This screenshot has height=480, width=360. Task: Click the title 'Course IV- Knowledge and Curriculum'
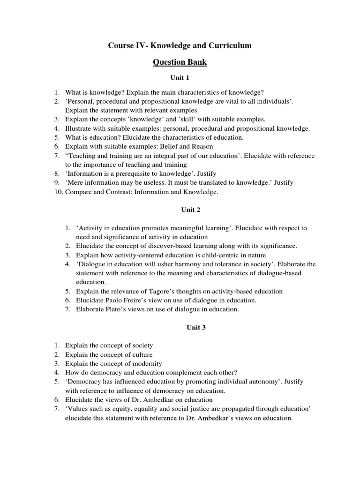click(180, 45)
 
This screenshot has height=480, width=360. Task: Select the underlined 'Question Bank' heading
click(180, 62)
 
